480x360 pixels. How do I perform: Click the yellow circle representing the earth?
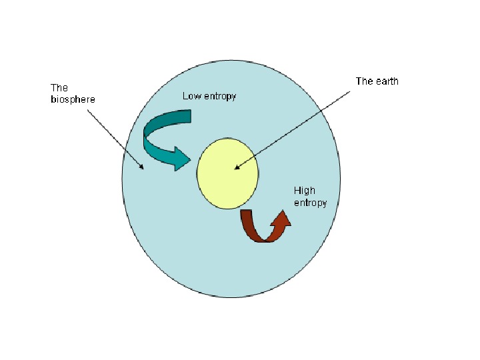coord(228,173)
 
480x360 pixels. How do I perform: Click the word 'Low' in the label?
coord(191,96)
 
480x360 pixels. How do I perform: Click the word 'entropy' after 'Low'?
coord(219,97)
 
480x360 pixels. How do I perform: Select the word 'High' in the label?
coord(305,191)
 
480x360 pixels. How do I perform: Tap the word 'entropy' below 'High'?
coord(311,203)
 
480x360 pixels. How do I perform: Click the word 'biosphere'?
coord(73,99)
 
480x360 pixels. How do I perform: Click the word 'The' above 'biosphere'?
coord(59,87)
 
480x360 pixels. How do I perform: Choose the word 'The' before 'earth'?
coord(364,81)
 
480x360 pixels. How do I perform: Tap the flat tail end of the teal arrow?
coord(191,117)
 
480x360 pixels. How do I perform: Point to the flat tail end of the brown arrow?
coord(246,213)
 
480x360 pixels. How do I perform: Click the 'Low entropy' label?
coord(209,97)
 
